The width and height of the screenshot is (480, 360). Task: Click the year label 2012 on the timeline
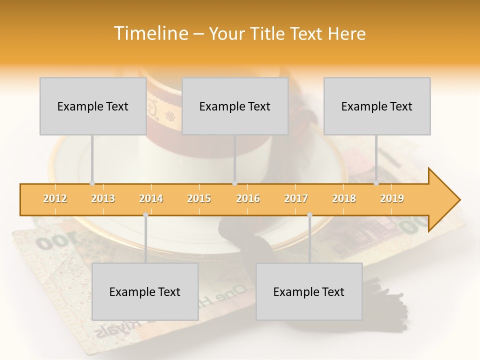coord(55,198)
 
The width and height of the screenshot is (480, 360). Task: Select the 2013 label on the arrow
coord(103,198)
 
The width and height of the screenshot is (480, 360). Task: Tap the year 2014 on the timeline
coord(151,198)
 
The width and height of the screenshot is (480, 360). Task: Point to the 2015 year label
coord(199,198)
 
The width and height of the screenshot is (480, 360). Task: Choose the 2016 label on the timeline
coord(248,198)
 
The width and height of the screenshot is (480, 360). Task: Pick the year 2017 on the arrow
coord(296,198)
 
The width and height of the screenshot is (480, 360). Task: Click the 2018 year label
coord(344,198)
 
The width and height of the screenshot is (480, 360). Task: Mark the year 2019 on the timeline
coord(392,198)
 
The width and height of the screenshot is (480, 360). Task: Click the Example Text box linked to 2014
coord(145,291)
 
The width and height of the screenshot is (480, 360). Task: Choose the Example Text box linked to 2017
coord(309,291)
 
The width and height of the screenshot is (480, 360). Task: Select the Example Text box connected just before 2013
coord(92,106)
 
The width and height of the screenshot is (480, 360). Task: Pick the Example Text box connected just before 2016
coord(234,106)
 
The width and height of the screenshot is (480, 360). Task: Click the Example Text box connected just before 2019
coord(376,106)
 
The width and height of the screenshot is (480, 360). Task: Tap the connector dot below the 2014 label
coord(145,215)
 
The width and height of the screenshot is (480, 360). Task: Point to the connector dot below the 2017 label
coord(309,215)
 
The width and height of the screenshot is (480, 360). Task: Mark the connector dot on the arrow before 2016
coord(234,183)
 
